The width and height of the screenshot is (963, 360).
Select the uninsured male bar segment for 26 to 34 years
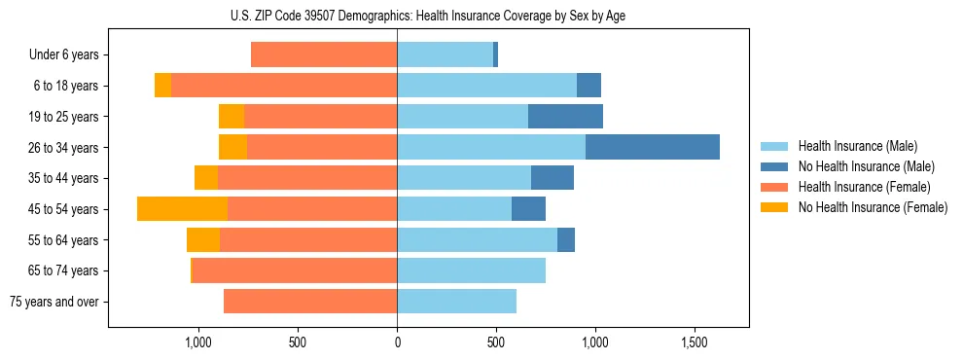[x=652, y=147]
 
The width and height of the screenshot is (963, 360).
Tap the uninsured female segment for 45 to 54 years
[x=182, y=208]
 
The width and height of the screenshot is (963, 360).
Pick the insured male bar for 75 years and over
[x=456, y=302]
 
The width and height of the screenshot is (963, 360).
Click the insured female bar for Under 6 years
[x=323, y=54]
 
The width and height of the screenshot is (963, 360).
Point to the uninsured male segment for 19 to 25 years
[x=565, y=116]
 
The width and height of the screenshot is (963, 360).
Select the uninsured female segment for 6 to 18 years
[x=162, y=86]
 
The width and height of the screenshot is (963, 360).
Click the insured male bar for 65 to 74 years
[x=471, y=270]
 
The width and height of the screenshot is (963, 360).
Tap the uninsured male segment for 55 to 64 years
[x=566, y=239]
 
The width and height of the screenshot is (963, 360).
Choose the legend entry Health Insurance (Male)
[x=852, y=146]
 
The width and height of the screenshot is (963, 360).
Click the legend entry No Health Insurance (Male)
[x=859, y=166]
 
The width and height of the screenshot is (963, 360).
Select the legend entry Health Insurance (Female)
[x=857, y=187]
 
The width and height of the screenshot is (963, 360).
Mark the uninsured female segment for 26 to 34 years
[x=232, y=147]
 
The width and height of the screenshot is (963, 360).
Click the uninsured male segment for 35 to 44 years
[x=553, y=178]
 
